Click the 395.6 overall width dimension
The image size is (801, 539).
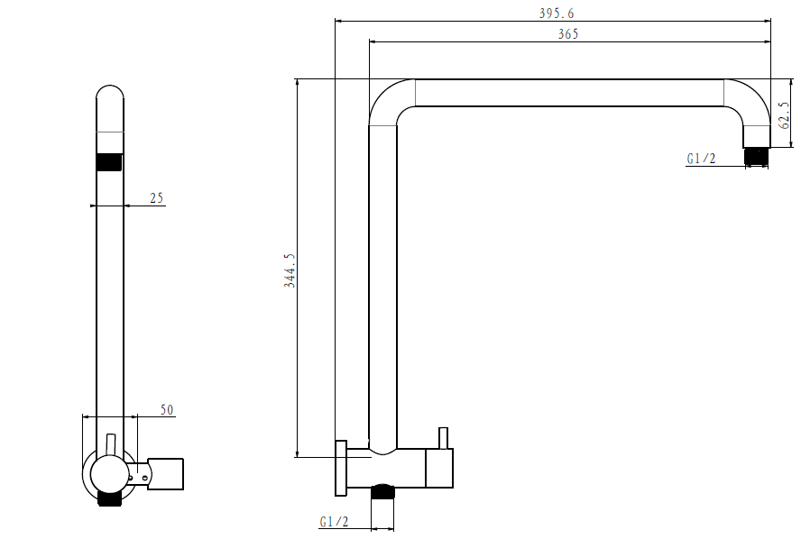click(x=557, y=13)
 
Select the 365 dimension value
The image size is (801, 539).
click(x=568, y=34)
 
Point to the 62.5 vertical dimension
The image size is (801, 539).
click(x=785, y=114)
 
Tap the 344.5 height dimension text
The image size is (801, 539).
click(x=290, y=270)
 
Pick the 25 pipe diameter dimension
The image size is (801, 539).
click(x=157, y=198)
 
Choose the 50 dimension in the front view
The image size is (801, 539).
click(x=167, y=410)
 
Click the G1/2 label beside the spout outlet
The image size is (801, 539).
click(x=701, y=160)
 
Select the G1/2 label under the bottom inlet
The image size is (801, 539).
click(x=334, y=522)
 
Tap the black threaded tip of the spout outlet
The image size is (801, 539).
click(x=756, y=157)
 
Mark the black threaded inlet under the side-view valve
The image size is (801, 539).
click(x=382, y=491)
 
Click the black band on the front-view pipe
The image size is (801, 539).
click(x=109, y=162)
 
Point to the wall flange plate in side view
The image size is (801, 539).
click(x=341, y=468)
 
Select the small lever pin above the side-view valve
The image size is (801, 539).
click(x=443, y=438)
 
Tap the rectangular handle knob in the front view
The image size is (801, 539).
click(x=166, y=473)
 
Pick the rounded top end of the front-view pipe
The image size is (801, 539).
click(x=109, y=95)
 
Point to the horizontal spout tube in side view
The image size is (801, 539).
click(x=568, y=93)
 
